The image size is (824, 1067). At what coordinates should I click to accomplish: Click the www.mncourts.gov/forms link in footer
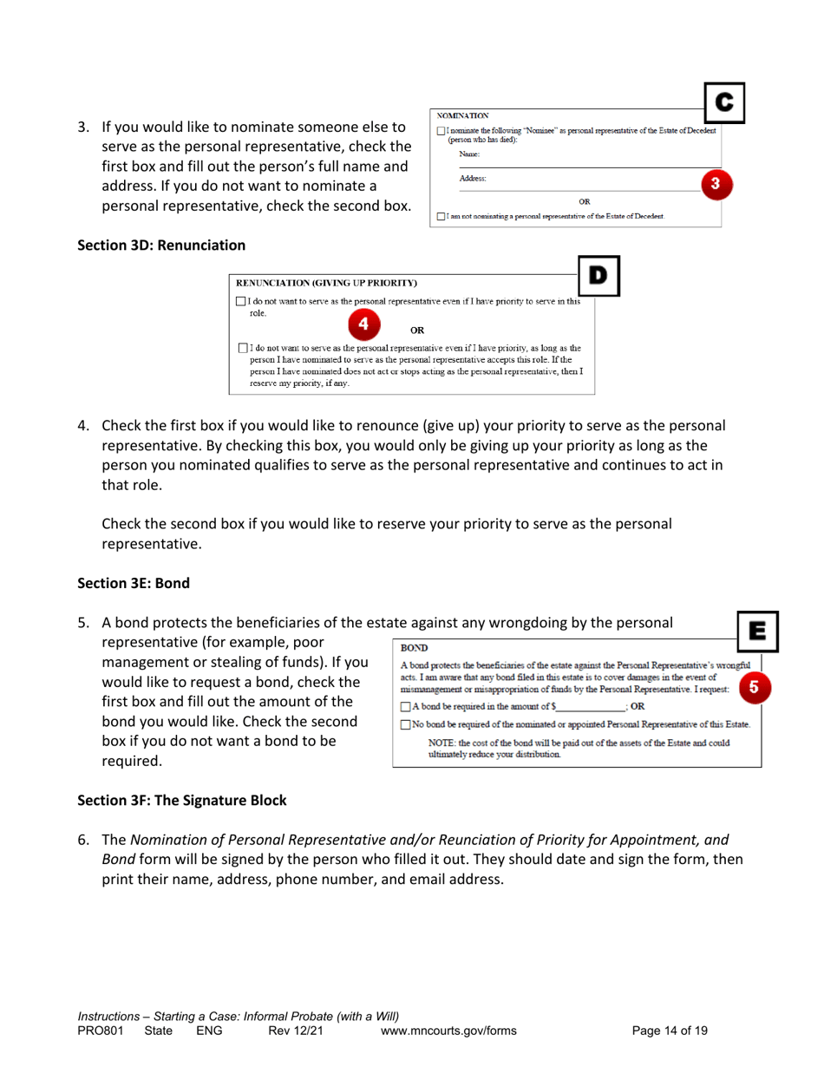click(449, 1031)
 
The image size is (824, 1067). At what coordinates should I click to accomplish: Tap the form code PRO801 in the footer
click(101, 1031)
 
